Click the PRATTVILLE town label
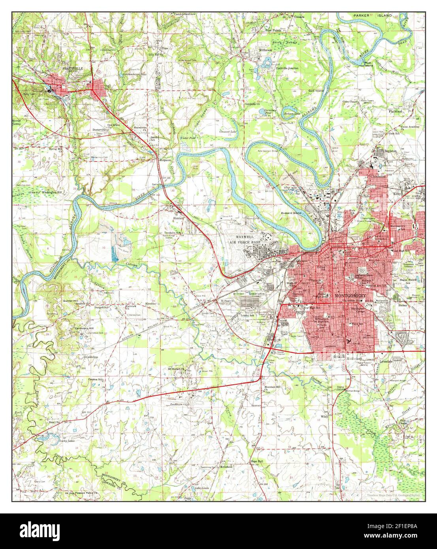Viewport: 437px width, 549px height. (x=73, y=68)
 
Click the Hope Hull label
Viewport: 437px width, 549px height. (x=256, y=461)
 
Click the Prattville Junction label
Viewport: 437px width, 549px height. (x=287, y=68)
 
